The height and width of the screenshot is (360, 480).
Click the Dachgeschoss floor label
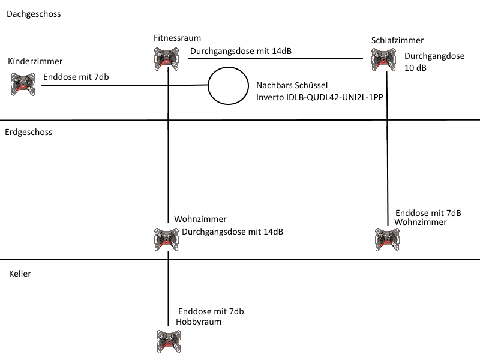(x=34, y=14)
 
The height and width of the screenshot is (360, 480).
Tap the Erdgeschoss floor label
(x=28, y=132)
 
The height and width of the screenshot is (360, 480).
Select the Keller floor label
(x=20, y=274)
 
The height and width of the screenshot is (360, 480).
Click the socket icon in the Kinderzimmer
(x=23, y=84)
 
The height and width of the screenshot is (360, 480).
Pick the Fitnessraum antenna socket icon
(x=167, y=59)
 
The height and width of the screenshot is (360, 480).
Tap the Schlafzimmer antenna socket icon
(x=383, y=60)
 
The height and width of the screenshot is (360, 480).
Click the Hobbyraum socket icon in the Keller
(x=169, y=341)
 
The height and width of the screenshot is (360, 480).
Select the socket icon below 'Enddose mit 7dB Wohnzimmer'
(x=387, y=239)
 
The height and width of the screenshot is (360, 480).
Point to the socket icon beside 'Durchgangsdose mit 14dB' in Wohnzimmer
(x=167, y=239)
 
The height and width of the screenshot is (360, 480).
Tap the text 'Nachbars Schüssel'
(x=292, y=85)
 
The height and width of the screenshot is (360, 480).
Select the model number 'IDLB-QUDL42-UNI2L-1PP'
(x=335, y=97)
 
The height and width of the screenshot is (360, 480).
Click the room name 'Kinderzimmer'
(x=35, y=61)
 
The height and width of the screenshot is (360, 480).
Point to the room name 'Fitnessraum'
(x=177, y=38)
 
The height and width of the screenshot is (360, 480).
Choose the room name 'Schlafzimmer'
(x=397, y=40)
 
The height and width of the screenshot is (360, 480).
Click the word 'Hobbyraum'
(x=199, y=322)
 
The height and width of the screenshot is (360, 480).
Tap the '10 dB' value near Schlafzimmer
(x=415, y=68)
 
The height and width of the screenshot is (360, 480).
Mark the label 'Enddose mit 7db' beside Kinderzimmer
(x=76, y=77)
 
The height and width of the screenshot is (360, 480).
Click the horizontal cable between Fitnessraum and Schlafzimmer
(x=275, y=58)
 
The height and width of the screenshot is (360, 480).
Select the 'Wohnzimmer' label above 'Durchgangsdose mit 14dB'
(x=200, y=219)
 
